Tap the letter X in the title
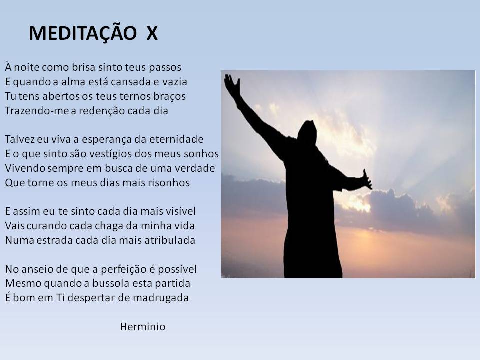point(152,33)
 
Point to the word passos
point(165,68)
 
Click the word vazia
point(175,81)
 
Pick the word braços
point(170,96)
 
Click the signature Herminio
point(143,327)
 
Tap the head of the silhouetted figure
point(307,132)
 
